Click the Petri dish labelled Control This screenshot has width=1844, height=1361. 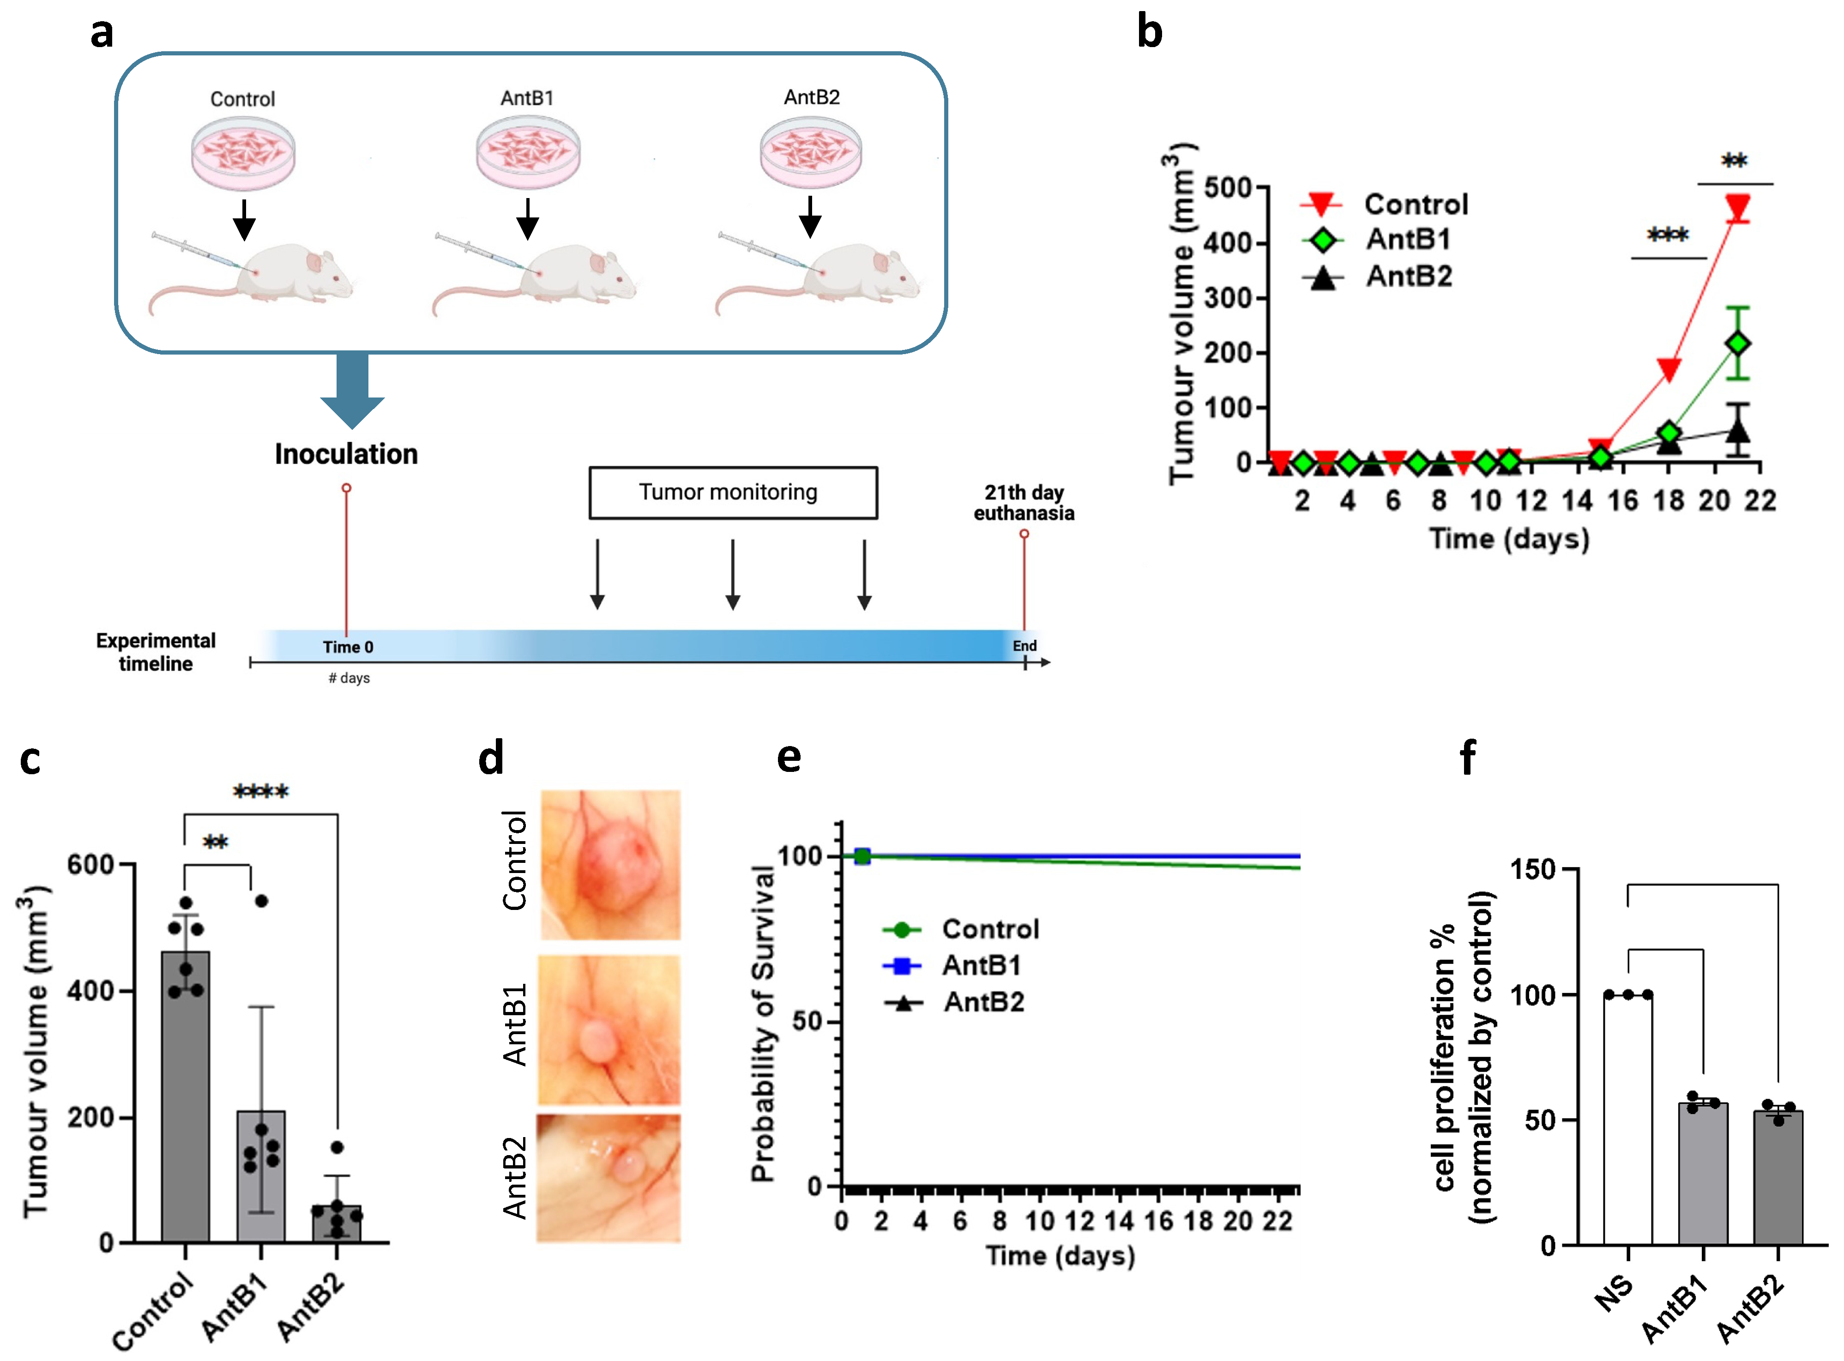(243, 153)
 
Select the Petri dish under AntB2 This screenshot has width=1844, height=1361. (811, 152)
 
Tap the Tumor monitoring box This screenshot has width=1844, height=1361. (733, 493)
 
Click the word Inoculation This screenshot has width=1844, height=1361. (346, 454)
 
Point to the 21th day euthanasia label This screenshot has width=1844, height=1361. (1024, 503)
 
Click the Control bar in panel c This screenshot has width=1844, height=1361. (186, 1096)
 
